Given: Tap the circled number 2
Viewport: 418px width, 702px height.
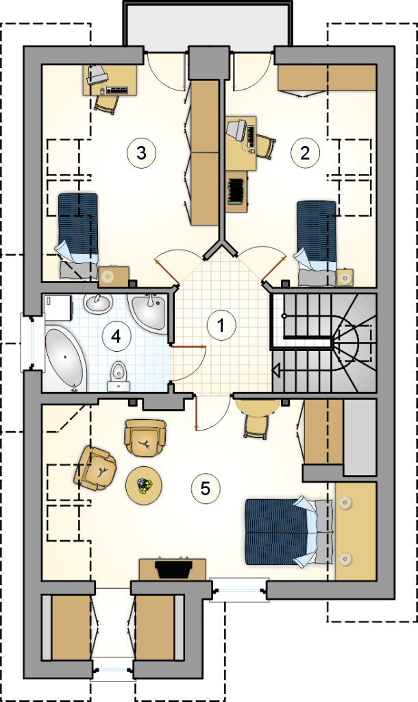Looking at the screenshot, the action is tap(306, 153).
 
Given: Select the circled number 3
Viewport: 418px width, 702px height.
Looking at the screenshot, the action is tap(141, 153).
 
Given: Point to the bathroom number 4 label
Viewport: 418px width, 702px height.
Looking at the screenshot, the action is tap(116, 336).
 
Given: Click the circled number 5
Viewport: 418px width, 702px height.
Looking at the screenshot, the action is tap(206, 488).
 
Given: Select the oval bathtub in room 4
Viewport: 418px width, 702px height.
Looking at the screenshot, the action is tap(66, 359).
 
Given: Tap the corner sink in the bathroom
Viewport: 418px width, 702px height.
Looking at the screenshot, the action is tap(149, 312).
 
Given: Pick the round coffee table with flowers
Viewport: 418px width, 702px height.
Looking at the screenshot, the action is tap(143, 485).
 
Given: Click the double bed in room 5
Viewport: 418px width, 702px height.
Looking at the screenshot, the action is tap(289, 531).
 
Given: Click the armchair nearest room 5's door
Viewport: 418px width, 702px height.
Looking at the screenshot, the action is tap(145, 437).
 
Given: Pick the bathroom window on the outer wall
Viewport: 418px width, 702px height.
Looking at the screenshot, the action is tap(32, 343).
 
